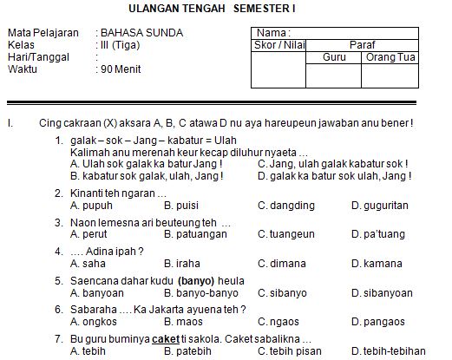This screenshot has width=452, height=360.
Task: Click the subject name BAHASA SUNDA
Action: (x=142, y=33)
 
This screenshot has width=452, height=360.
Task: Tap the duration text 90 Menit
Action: (x=121, y=69)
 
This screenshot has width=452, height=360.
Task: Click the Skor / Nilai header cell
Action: (x=278, y=44)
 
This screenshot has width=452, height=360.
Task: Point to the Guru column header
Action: (x=334, y=56)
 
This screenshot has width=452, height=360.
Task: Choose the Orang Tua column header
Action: (x=390, y=56)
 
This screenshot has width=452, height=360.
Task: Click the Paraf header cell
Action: (x=362, y=44)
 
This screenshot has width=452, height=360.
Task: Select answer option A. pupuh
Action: (x=91, y=206)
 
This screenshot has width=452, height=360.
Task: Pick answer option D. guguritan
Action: (x=379, y=206)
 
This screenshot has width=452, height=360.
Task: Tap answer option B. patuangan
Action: (x=195, y=234)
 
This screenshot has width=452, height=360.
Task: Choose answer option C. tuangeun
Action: (x=286, y=234)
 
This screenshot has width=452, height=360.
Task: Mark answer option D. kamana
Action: (x=377, y=263)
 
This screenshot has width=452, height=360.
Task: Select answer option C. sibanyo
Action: (x=283, y=292)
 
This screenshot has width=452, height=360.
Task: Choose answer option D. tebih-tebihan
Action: (x=388, y=350)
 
